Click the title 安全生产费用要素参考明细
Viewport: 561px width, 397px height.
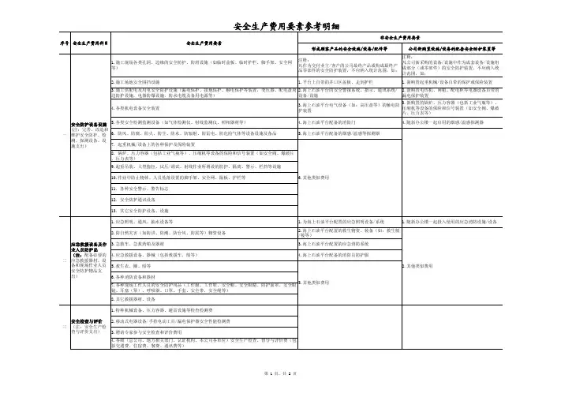point(280,25)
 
